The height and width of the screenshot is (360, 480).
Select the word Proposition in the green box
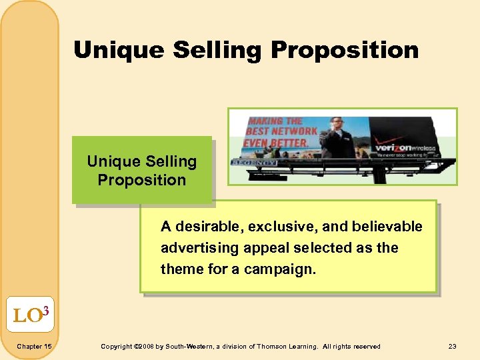coord(141,180)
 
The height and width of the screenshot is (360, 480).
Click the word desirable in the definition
coord(208,227)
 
